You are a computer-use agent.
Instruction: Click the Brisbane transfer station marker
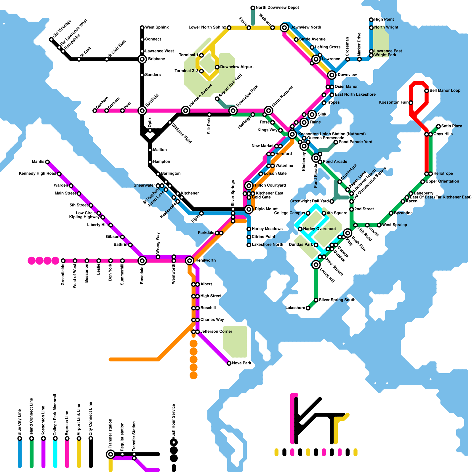[142, 59]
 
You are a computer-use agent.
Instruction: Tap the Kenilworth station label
[206, 260]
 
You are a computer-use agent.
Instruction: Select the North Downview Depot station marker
[253, 8]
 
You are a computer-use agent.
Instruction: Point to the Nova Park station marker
[229, 363]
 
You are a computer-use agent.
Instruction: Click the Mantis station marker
[47, 162]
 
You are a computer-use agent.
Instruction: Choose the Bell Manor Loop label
[445, 91]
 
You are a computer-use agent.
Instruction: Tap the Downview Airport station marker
[217, 67]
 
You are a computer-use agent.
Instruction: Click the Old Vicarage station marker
[51, 39]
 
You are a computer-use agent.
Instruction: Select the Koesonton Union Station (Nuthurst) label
[332, 134]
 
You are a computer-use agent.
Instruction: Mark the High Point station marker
[371, 20]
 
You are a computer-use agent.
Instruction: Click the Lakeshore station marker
[308, 308]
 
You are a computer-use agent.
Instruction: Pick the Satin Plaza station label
[451, 126]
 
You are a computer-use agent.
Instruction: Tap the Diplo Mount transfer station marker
[249, 209]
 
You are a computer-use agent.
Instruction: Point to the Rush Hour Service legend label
[174, 421]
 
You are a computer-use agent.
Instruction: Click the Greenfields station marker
[63, 261]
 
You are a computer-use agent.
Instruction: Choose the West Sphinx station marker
[142, 28]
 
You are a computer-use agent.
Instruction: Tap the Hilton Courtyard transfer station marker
[249, 185]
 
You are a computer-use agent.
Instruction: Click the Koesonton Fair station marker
[411, 103]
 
